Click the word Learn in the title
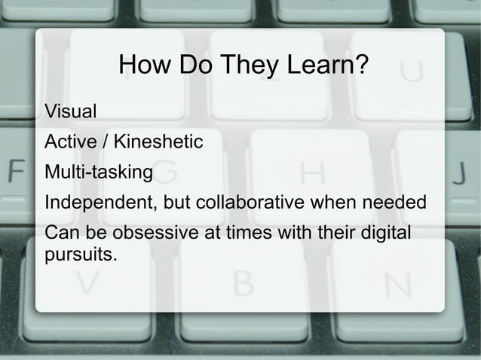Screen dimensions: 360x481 point(317,68)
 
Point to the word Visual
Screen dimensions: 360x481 point(71,113)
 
